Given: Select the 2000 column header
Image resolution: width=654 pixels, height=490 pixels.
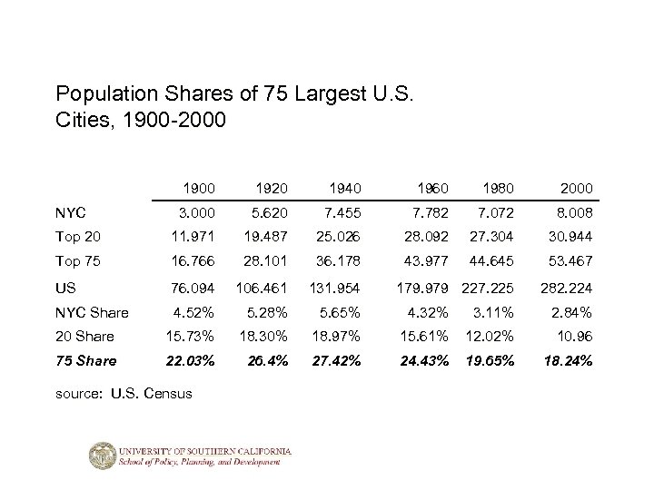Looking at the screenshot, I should [x=576, y=188].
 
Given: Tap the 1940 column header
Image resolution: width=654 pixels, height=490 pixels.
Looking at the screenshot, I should [x=343, y=188].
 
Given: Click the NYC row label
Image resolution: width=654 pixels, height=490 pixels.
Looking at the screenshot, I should [x=70, y=212].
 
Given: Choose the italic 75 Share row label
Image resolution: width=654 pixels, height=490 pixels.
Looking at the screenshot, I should [x=86, y=360].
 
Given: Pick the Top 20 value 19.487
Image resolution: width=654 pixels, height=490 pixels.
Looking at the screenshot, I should [x=263, y=237].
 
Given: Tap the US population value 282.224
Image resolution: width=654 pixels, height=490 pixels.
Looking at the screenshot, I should [x=567, y=287].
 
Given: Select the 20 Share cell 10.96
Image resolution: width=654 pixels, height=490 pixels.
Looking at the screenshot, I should [x=574, y=336].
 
